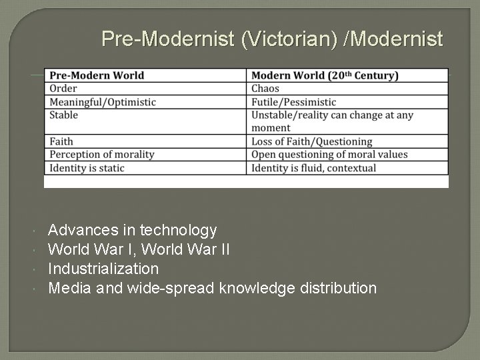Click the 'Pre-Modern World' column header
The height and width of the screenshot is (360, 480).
[x=97, y=75]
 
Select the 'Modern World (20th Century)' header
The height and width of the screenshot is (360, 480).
[x=325, y=75]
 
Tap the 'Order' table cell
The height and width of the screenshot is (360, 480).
[x=64, y=89]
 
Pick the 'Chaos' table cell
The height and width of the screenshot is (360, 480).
[x=265, y=89]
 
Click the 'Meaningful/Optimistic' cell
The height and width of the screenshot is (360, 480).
[x=103, y=102]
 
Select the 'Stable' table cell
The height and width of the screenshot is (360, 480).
[x=64, y=115]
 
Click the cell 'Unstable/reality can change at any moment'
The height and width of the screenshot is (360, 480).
[x=332, y=121]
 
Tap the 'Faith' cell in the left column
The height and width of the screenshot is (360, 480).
[x=62, y=141]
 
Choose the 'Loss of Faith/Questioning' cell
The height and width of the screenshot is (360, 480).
[x=311, y=141]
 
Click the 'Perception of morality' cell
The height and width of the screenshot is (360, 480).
[x=102, y=155]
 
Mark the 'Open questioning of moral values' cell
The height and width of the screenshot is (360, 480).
[x=329, y=155]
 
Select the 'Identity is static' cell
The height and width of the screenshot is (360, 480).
[x=87, y=168]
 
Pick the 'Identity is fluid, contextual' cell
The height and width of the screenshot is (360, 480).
[x=313, y=168]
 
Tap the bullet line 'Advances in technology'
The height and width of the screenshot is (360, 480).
[x=133, y=231]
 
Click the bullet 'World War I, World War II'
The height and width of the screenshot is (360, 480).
[x=140, y=250]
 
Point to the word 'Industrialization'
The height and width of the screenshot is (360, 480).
[x=103, y=269]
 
